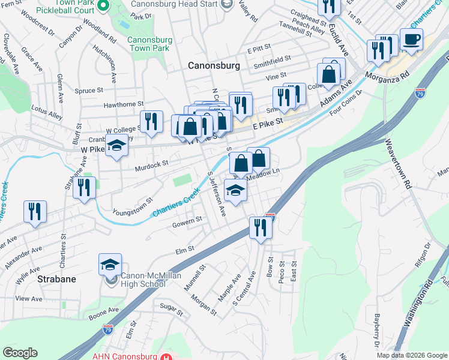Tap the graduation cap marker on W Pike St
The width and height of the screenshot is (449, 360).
coord(116,146)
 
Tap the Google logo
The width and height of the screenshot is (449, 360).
coord(20,353)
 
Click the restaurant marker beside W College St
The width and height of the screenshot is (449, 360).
coord(151,122)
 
